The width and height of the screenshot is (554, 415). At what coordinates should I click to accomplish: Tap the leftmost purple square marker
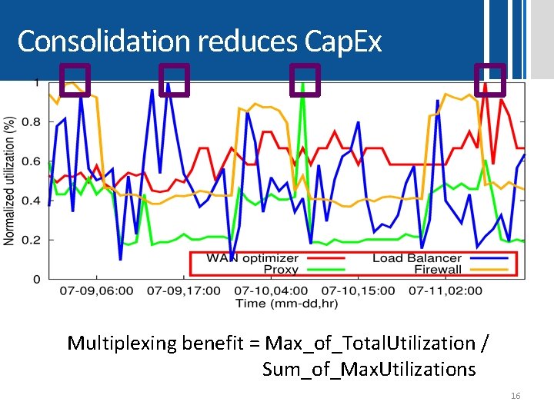[x=75, y=80]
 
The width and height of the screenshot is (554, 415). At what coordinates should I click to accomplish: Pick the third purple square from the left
[x=305, y=80]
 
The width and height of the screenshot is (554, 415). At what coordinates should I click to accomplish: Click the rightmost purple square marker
[x=490, y=80]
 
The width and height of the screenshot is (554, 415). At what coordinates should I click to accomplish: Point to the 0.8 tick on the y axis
[x=31, y=121]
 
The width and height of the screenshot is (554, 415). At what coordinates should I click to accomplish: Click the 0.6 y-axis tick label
[x=31, y=161]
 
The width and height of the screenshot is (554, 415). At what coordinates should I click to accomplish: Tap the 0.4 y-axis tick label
[x=31, y=201]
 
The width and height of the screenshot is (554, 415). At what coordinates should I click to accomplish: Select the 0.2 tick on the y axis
[x=31, y=240]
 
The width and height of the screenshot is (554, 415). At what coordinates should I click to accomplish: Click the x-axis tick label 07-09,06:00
[x=96, y=291]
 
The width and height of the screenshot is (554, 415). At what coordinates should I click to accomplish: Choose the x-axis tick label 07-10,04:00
[x=271, y=291]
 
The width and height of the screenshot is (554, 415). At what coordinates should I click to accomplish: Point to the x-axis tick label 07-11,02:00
[x=446, y=291]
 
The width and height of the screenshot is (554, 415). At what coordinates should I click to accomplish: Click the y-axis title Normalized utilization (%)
[x=10, y=181]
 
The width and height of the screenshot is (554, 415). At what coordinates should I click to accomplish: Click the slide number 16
[x=516, y=396]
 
